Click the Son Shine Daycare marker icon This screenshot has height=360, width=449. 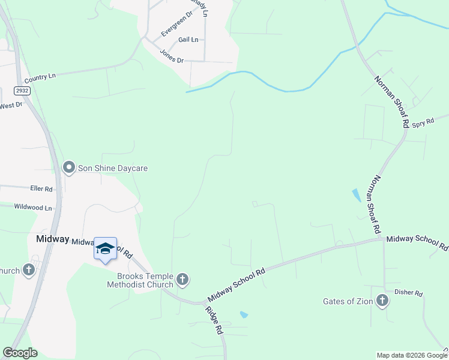click(x=69, y=168)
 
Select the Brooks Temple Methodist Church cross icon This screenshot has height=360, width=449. click(x=182, y=279)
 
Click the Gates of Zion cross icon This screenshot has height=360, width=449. click(x=382, y=301)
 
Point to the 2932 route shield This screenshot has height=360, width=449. click(x=23, y=91)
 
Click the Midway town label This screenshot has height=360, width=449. click(x=52, y=238)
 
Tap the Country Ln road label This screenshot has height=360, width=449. click(x=40, y=77)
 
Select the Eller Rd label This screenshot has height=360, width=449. click(x=41, y=188)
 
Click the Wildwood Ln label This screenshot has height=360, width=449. click(x=34, y=208)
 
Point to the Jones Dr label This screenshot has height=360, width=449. click(x=172, y=56)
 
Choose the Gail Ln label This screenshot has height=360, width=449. click(x=188, y=40)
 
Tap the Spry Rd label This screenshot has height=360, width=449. click(x=423, y=123)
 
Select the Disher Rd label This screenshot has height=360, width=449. click(x=408, y=293)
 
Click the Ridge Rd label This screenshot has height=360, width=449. click(x=214, y=321)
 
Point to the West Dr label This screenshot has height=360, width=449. click(x=11, y=106)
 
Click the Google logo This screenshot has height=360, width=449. click(x=20, y=353)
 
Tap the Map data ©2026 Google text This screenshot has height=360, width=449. click(x=412, y=355)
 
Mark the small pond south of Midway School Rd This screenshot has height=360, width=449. click(x=243, y=314)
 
